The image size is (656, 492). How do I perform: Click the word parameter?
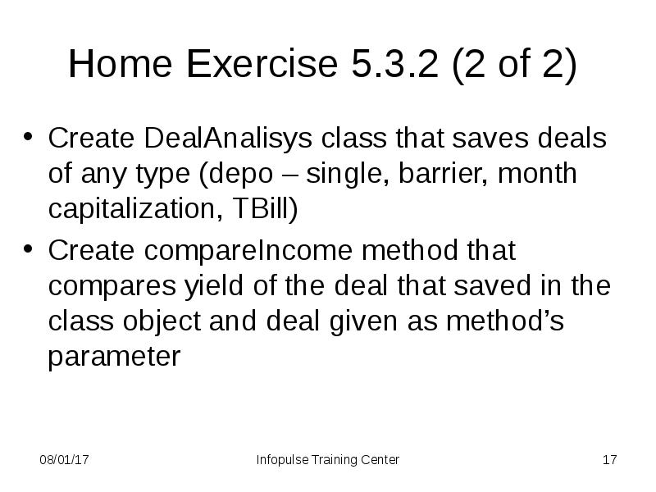point(114,358)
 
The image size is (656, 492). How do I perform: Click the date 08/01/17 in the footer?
point(65,460)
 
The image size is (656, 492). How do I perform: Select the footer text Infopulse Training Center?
point(328,460)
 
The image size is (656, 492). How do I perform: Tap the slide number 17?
point(608,460)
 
